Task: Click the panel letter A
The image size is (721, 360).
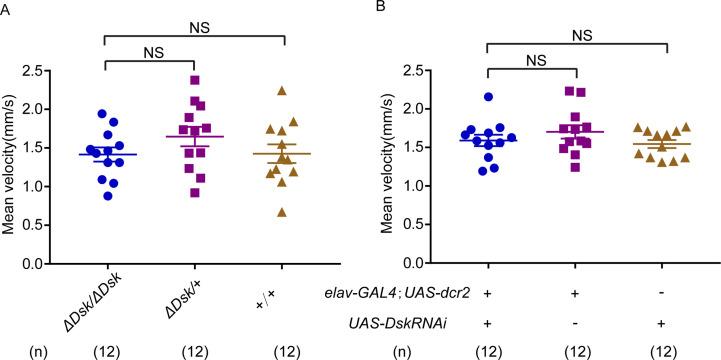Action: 7,8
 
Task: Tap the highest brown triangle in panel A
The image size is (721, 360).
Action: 283,90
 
